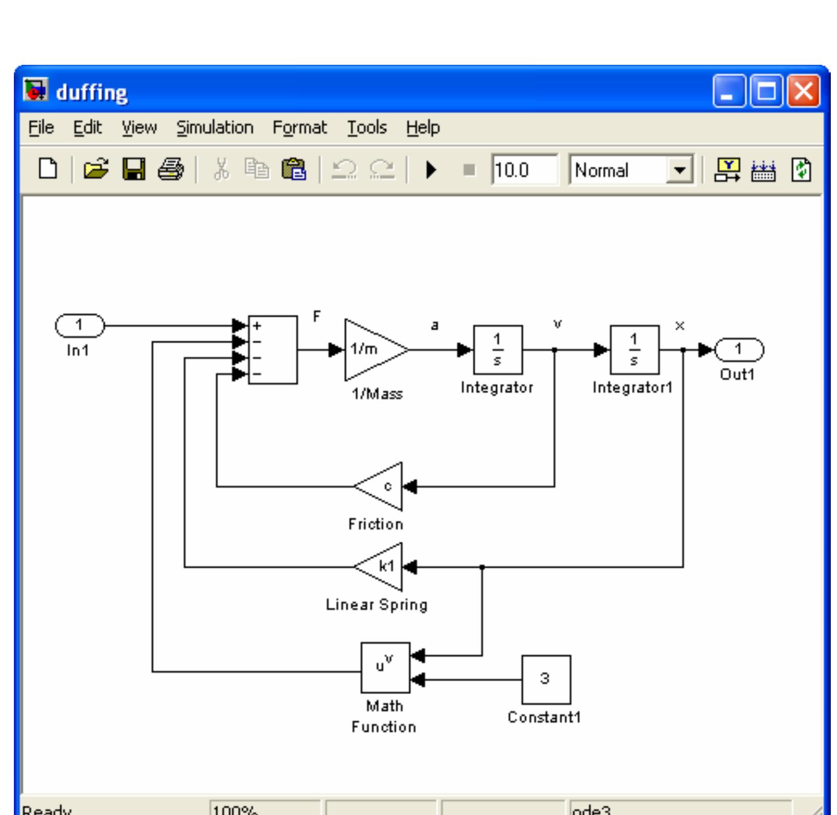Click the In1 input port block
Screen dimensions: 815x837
click(x=79, y=326)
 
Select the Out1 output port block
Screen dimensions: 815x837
click(x=739, y=350)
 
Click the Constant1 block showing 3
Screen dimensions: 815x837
click(x=546, y=679)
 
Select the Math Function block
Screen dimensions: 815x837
click(x=385, y=667)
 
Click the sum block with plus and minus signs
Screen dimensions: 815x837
click(x=273, y=350)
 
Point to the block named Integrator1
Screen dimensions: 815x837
click(x=634, y=350)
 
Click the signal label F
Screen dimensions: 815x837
click(x=317, y=316)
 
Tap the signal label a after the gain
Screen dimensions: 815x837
click(x=435, y=325)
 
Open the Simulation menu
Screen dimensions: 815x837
click(x=215, y=128)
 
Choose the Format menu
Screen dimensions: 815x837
click(x=299, y=128)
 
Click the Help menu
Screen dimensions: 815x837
click(x=422, y=128)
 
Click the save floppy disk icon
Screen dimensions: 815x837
click(x=134, y=169)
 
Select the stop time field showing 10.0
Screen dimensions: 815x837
click(x=523, y=170)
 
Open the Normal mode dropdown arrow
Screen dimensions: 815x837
click(x=680, y=170)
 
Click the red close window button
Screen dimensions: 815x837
click(x=804, y=92)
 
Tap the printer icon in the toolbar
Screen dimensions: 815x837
click(x=171, y=169)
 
